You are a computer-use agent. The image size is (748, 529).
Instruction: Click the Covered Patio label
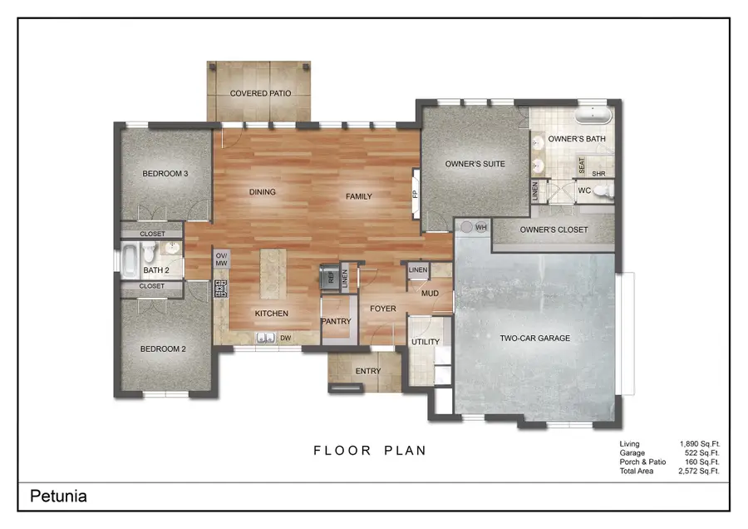tap(260, 94)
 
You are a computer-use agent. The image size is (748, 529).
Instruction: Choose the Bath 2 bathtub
tap(130, 259)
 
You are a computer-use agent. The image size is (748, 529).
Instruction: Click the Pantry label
tap(336, 321)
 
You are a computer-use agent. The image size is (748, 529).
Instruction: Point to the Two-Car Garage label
tap(534, 339)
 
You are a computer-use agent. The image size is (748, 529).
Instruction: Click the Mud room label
tap(430, 294)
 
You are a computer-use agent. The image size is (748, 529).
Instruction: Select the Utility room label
tap(426, 342)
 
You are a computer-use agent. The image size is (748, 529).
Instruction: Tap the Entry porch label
tap(367, 371)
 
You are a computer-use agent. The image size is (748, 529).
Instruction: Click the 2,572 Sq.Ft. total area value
tap(698, 471)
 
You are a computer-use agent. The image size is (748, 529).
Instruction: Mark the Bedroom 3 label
tap(165, 174)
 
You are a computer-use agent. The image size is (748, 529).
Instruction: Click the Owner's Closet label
tap(554, 230)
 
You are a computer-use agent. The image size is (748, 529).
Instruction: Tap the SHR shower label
tap(598, 174)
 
